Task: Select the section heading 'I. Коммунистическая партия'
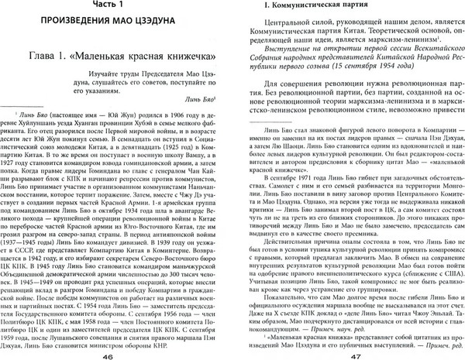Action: coord(303,9)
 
